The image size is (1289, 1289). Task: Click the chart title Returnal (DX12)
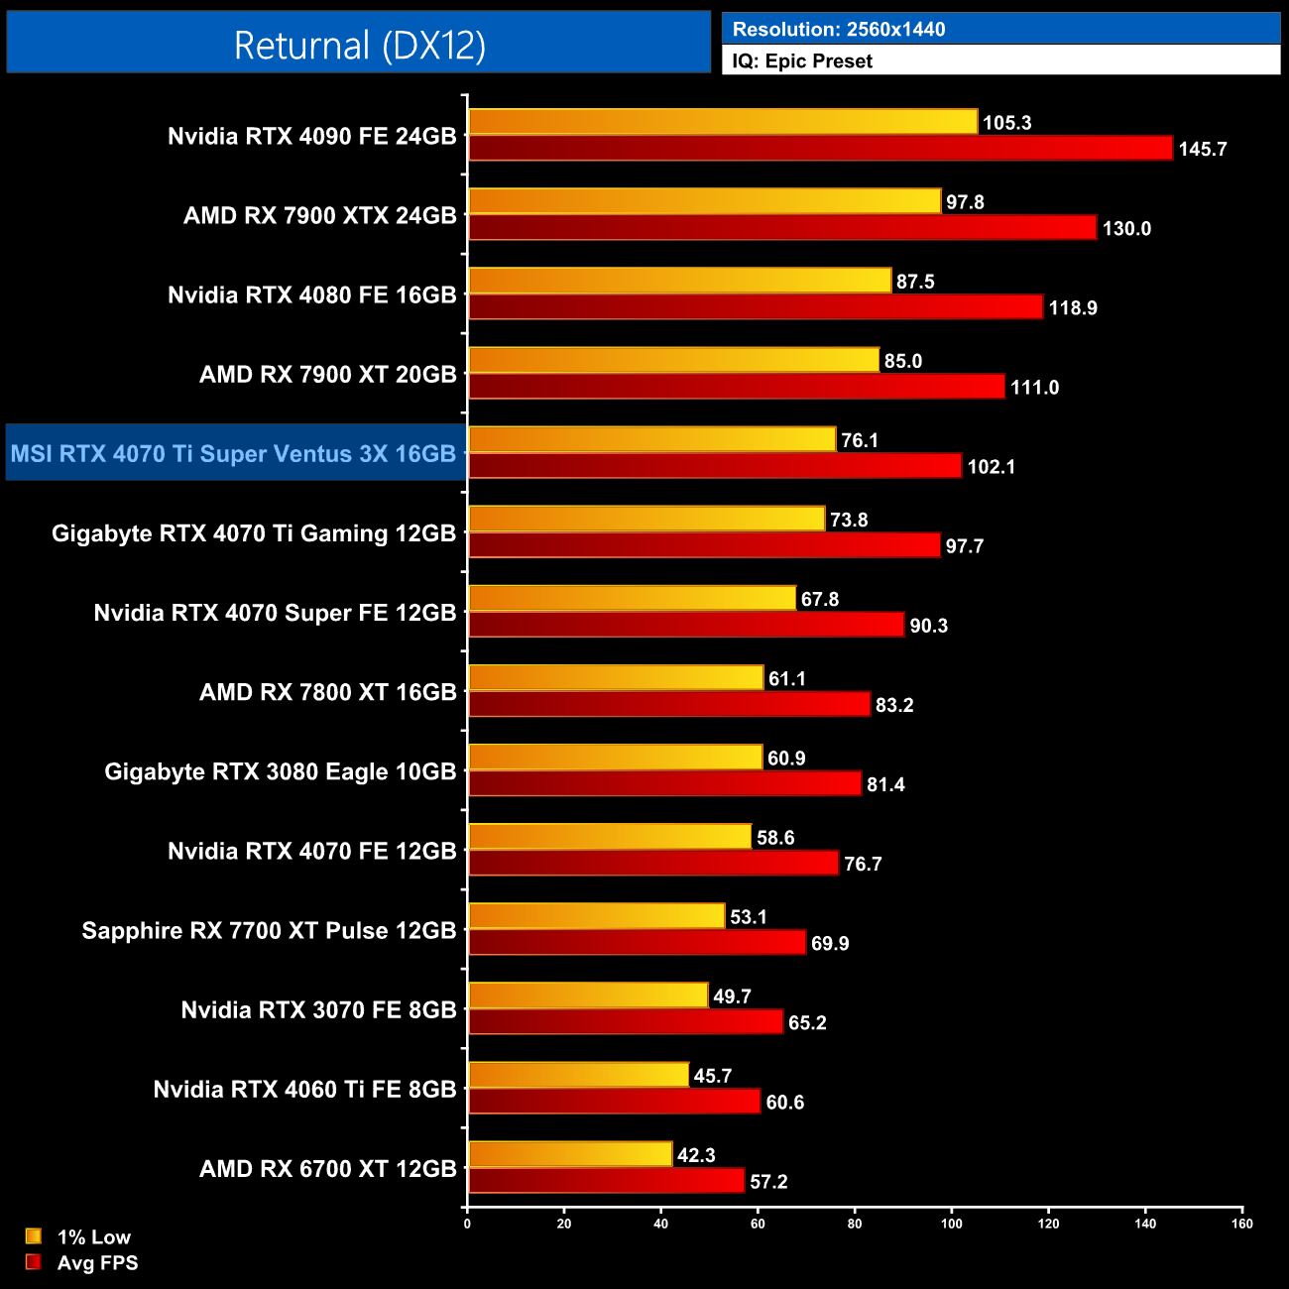point(359,46)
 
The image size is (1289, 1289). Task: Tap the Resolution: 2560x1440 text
point(838,30)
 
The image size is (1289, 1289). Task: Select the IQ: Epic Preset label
point(802,61)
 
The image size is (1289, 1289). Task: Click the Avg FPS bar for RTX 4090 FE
point(820,149)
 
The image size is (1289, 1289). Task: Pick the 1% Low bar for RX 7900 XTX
point(704,201)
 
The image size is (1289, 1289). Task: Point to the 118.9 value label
point(1073,308)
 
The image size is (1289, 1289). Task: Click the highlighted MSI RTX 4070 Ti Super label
point(234,454)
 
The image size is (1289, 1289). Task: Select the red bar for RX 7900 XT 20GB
point(737,387)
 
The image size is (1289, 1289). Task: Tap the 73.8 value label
point(849,521)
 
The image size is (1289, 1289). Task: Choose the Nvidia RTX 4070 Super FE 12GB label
point(275,613)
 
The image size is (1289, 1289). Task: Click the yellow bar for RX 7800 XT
point(616,678)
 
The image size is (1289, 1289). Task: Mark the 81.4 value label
point(885,785)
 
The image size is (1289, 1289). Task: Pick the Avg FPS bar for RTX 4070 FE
point(653,864)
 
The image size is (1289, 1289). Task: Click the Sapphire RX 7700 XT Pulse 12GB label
point(269,931)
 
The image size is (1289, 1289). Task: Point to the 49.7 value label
point(732,996)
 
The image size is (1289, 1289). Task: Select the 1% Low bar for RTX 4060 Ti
point(578,1075)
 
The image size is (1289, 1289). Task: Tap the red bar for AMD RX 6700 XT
point(606,1181)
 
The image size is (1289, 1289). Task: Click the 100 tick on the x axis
point(951,1224)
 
